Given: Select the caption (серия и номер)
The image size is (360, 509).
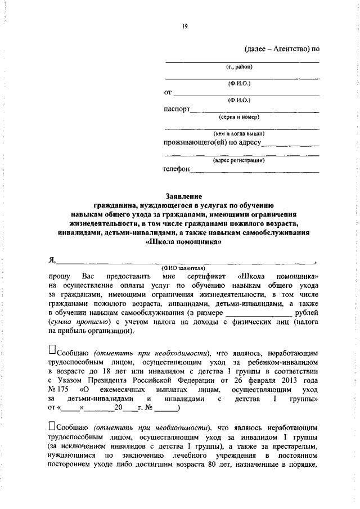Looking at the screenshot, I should pyautogui.click(x=239, y=118).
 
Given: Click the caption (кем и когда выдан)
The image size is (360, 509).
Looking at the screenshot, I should pyautogui.click(x=239, y=134).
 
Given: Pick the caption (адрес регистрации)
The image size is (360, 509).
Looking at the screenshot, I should pyautogui.click(x=239, y=160).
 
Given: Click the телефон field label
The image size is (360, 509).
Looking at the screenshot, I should pyautogui.click(x=176, y=168).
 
